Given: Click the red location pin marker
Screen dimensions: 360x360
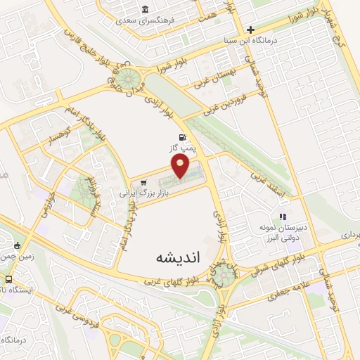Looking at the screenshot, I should pyautogui.click(x=181, y=166).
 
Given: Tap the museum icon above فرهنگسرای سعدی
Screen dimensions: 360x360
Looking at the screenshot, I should pyautogui.click(x=144, y=10).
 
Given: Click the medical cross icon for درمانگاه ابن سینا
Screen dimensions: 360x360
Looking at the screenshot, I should pyautogui.click(x=250, y=30).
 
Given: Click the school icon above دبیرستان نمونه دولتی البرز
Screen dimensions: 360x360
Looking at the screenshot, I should pyautogui.click(x=283, y=217).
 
